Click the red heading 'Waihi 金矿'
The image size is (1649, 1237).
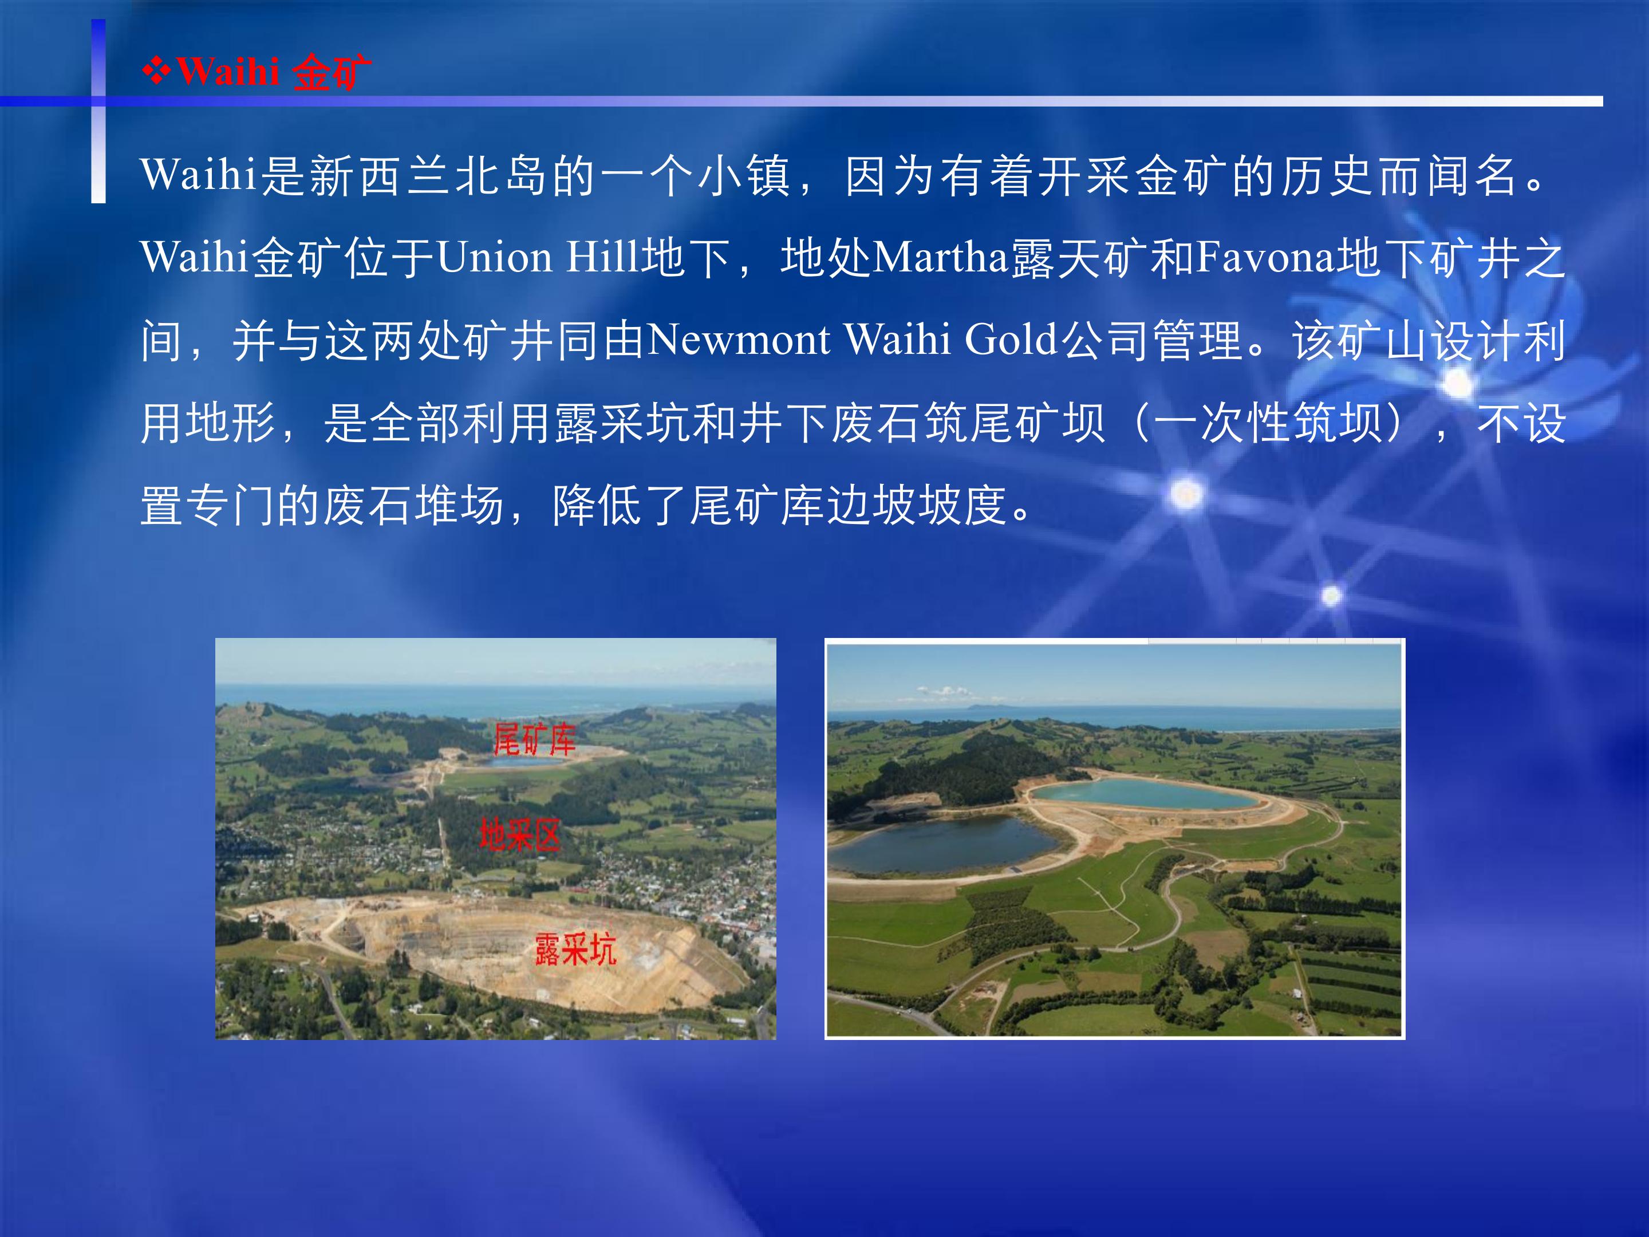pyautogui.click(x=274, y=72)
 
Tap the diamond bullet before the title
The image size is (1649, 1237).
pyautogui.click(x=156, y=72)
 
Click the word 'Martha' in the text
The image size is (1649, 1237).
pyautogui.click(x=940, y=258)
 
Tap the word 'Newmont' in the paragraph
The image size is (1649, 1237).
pyautogui.click(x=738, y=340)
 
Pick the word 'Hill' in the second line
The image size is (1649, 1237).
pyautogui.click(x=602, y=258)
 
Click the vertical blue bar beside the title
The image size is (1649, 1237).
pyautogui.click(x=98, y=111)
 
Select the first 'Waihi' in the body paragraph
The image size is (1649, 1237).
pyautogui.click(x=198, y=176)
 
